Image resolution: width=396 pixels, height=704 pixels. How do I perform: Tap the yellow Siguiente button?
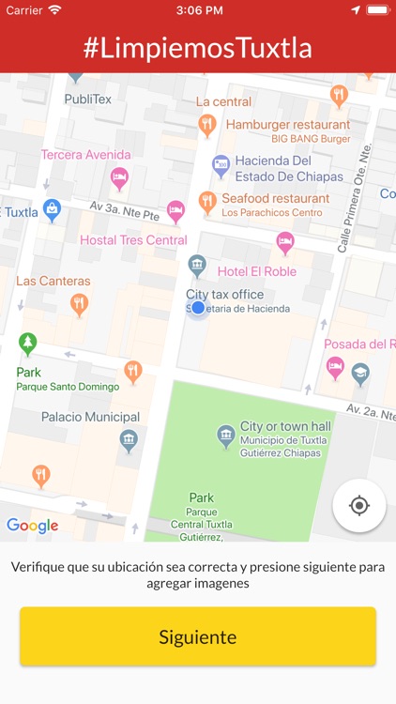(198, 637)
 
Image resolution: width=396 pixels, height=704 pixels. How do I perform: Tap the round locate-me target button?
(358, 506)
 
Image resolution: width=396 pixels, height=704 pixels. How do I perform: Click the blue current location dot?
(198, 307)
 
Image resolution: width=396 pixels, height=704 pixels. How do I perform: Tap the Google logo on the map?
(32, 526)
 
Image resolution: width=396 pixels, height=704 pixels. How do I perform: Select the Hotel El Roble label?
(256, 271)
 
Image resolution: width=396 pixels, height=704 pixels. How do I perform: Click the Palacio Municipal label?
(90, 417)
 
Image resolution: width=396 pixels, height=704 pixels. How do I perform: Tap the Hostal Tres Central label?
(133, 239)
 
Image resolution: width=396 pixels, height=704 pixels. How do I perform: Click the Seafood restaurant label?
(275, 198)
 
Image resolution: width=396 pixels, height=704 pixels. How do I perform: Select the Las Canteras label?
(53, 281)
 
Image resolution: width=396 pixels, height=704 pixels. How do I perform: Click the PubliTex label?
(87, 99)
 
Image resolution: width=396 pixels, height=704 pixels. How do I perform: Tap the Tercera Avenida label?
(85, 155)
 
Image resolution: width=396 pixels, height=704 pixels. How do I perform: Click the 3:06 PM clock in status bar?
(198, 9)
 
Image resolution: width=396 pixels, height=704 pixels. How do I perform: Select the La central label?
(223, 101)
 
